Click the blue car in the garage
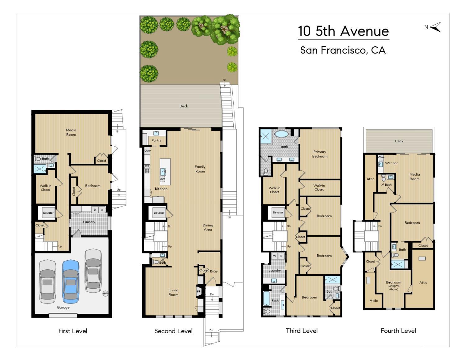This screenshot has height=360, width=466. click(71, 281)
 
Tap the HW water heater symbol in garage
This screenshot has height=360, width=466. click(105, 294)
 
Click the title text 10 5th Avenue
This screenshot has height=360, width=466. click(343, 31)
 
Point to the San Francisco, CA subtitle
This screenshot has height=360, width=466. click(343, 50)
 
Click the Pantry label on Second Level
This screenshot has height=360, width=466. click(156, 140)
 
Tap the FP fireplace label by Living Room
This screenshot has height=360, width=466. click(199, 292)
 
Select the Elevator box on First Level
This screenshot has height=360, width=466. click(48, 213)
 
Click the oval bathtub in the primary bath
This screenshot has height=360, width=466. click(282, 134)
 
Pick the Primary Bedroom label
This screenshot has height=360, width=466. click(320, 154)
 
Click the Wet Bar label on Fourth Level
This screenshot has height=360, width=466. click(391, 163)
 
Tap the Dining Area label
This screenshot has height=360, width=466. click(208, 227)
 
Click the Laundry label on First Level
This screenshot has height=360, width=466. click(89, 222)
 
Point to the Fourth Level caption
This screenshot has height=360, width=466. click(398, 331)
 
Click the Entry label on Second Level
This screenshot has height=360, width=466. click(214, 271)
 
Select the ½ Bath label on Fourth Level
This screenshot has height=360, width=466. click(386, 185)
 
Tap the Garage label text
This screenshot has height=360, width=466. click(63, 308)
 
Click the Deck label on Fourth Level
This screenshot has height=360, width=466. click(399, 141)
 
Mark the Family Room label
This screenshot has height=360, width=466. click(200, 169)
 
